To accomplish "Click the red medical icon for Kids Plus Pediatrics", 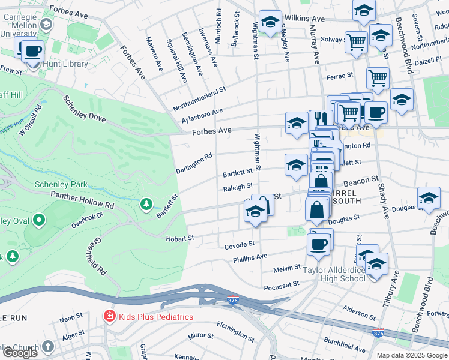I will (x=110, y=316).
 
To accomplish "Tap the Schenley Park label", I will (x=61, y=184).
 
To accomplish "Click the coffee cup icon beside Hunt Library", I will (x=33, y=52).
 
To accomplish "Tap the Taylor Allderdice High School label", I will (x=335, y=274).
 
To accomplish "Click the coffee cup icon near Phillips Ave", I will (x=318, y=244).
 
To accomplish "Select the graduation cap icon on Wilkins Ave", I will (x=270, y=22).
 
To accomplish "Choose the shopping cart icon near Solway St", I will (x=357, y=42).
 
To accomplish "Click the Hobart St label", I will (x=180, y=238).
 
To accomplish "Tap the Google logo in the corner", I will (x=20, y=353).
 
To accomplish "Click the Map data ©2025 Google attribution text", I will (x=412, y=355).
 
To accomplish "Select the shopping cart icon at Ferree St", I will (x=378, y=77).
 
